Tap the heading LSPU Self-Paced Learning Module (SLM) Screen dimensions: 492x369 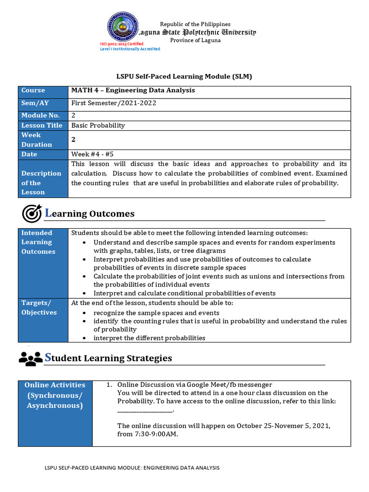tap(184, 76)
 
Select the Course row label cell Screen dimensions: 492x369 tap(43, 91)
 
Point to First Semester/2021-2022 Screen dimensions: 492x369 tap(114, 103)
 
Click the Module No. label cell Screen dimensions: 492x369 tap(43, 115)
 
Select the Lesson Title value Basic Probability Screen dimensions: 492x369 tap(98, 125)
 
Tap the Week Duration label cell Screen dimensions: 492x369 tap(43, 140)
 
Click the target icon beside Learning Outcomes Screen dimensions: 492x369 tap(32, 213)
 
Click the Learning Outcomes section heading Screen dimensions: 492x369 tap(89, 213)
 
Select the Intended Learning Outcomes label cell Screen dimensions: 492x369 tap(43, 242)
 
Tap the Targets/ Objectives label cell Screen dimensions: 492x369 tap(43, 307)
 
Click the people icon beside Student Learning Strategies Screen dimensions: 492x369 tap(30, 358)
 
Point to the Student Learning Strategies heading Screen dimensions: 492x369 tap(108, 358)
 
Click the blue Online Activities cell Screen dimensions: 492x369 tap(55, 395)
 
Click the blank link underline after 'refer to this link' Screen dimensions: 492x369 tap(145, 411)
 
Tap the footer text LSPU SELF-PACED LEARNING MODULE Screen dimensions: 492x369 tap(132, 467)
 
